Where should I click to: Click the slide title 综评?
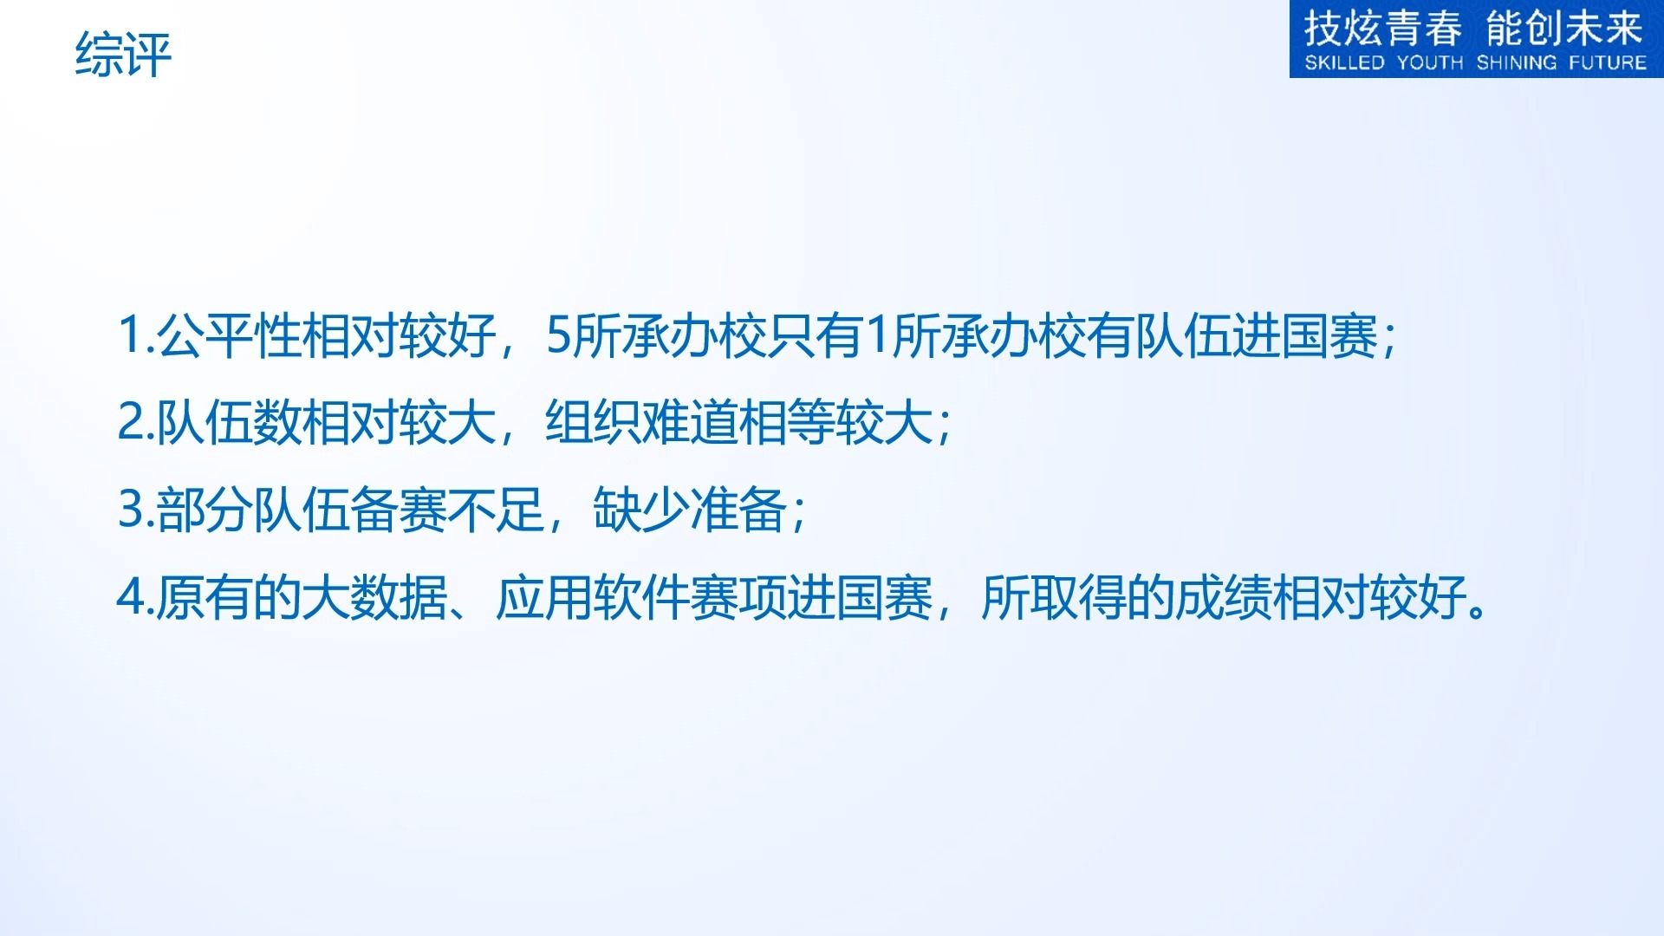coord(123,54)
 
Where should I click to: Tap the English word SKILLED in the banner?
coord(1344,62)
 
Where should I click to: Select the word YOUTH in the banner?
coord(1430,62)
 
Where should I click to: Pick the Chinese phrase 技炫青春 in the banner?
coord(1383,28)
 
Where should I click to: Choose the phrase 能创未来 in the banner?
coord(1564,28)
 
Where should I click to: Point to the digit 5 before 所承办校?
coord(558,335)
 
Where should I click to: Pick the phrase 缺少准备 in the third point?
coord(690,509)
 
